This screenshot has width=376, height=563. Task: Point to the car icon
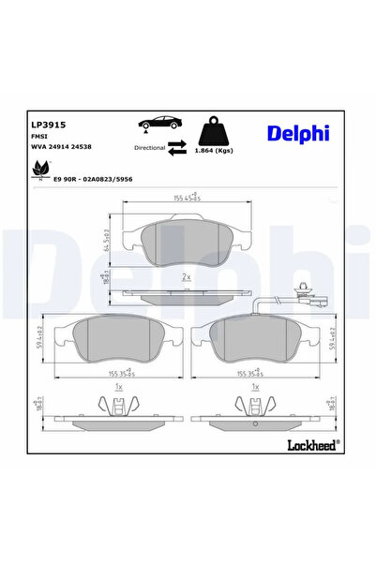coord(158,125)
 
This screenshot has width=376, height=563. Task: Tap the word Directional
coord(149,147)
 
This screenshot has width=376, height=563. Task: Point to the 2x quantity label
coord(186,277)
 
